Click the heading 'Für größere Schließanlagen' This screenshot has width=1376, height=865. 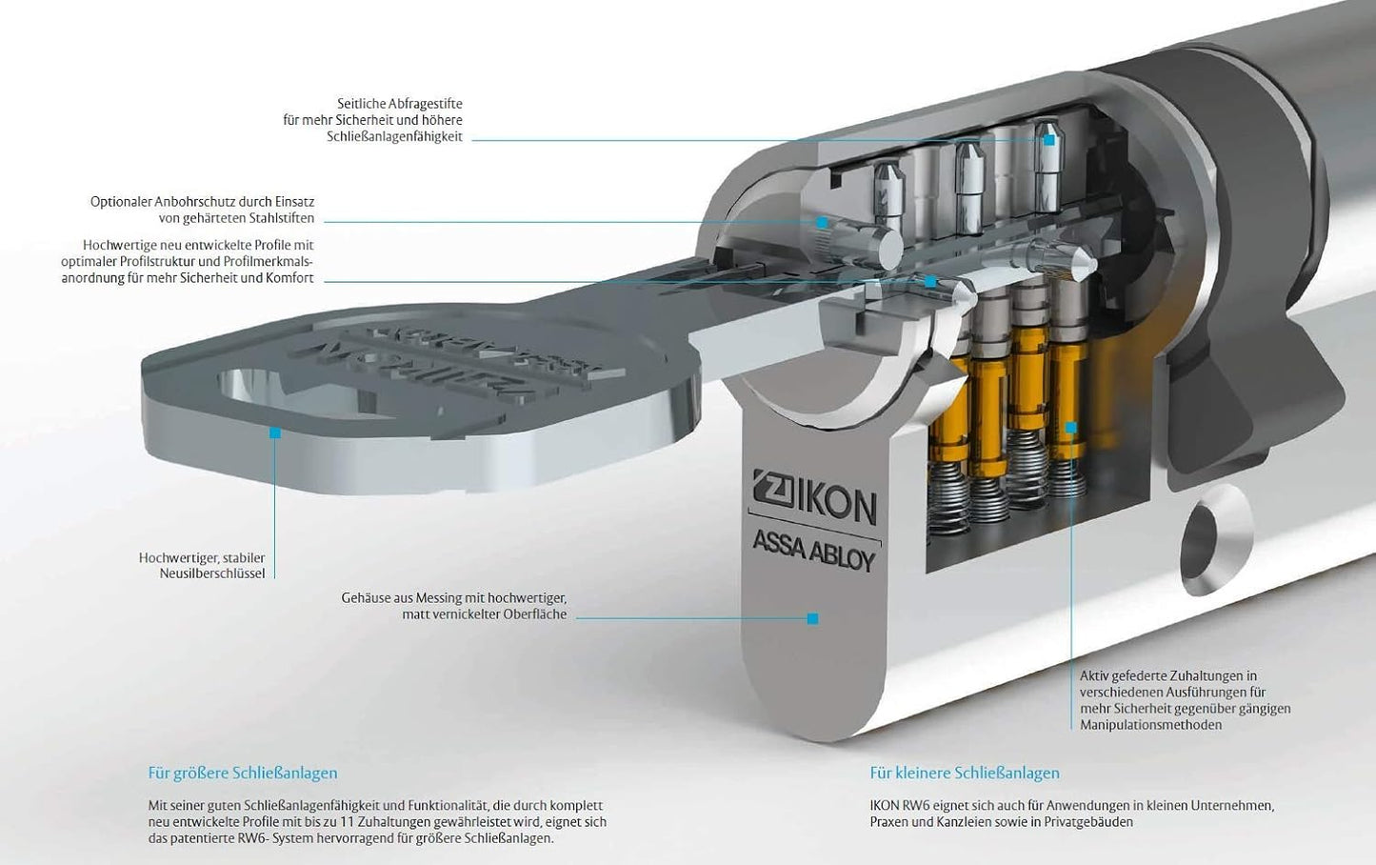[243, 773]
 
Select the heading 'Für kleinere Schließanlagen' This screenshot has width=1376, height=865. [965, 773]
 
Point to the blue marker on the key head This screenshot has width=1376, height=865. [275, 432]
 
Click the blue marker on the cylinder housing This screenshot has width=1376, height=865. [812, 618]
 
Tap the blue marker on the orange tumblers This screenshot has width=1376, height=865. [1071, 428]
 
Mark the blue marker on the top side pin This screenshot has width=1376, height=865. [1049, 140]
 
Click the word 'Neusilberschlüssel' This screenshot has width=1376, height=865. [216, 573]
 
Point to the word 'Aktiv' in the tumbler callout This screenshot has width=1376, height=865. [1096, 676]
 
